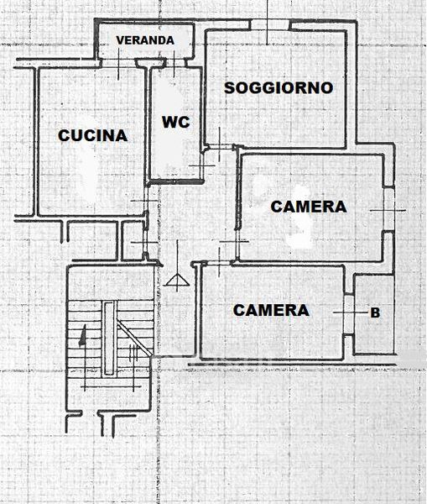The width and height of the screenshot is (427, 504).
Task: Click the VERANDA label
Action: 145,40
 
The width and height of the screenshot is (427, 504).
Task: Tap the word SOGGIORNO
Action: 279,88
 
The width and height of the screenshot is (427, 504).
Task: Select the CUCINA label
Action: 93,135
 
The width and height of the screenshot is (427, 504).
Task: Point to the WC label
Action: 176,122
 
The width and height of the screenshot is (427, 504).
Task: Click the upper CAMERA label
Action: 309,207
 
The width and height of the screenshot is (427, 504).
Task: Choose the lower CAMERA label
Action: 271,311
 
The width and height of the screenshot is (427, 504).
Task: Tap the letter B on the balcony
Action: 375,312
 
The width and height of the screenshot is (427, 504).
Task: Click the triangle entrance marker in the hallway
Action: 178,280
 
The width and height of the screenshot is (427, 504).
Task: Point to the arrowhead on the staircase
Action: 83,335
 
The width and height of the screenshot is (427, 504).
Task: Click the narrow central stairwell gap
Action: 109,339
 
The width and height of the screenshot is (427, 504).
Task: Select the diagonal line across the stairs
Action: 134,339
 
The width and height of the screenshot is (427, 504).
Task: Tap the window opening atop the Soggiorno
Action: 270,24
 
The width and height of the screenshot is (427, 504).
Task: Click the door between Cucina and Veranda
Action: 118,63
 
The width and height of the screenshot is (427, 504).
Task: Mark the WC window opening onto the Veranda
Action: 174,63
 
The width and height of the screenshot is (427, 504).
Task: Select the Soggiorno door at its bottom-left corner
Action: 220,147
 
